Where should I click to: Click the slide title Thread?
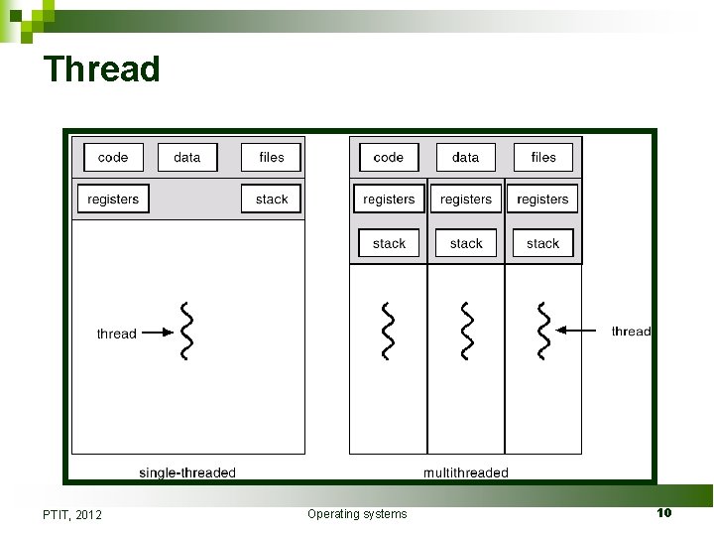click(101, 69)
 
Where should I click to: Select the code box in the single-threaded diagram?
click(113, 157)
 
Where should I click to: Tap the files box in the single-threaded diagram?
click(271, 157)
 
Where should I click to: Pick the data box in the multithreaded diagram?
click(465, 157)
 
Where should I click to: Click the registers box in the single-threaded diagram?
click(113, 200)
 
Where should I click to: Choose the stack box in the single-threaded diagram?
click(271, 200)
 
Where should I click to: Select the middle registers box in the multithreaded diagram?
click(465, 200)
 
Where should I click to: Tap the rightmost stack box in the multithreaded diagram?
click(542, 243)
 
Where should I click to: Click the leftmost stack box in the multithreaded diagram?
click(389, 243)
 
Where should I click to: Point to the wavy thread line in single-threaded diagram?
click(184, 332)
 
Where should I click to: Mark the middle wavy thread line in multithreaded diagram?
click(465, 332)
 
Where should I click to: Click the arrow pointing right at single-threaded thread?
click(152, 334)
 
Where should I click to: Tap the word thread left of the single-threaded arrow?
click(116, 334)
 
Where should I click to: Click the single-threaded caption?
click(187, 472)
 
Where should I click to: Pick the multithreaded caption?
click(465, 472)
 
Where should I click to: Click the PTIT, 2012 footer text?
click(72, 514)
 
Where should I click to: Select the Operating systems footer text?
click(357, 513)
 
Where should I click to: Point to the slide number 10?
click(663, 512)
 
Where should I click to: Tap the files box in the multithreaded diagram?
click(543, 157)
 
